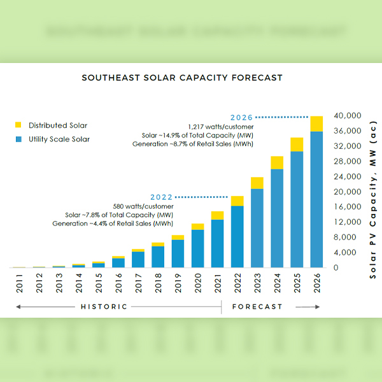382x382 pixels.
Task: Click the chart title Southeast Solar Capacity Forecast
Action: tap(181, 78)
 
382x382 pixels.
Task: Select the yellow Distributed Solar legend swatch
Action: tap(18, 125)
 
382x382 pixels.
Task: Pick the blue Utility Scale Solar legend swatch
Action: tap(18, 139)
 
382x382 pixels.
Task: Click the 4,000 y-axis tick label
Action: tap(352, 252)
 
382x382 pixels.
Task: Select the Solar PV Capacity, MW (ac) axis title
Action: tap(372, 192)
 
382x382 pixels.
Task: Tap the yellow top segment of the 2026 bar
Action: tap(316, 124)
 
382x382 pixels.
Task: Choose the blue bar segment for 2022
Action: tap(237, 236)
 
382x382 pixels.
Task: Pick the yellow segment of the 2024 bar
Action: tap(277, 162)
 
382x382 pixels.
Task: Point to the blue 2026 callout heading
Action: tap(243, 117)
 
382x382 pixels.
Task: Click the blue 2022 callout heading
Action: tap(162, 197)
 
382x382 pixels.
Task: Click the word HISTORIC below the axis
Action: tap(104, 307)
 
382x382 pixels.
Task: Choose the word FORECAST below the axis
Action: tap(257, 307)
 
